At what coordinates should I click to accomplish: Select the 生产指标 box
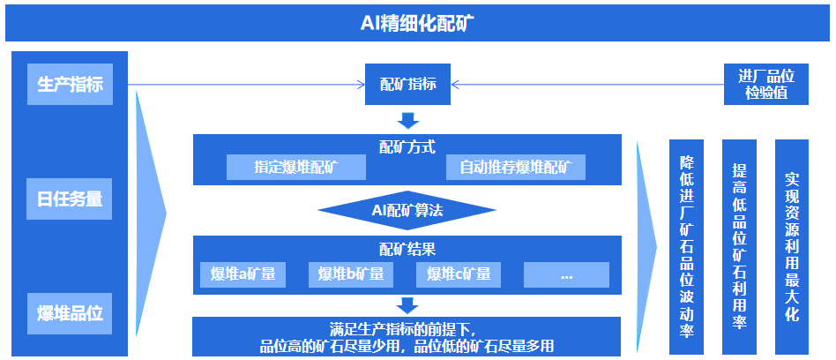pyautogui.click(x=71, y=86)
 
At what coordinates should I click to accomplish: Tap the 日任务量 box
pyautogui.click(x=71, y=199)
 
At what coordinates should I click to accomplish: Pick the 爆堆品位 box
pyautogui.click(x=71, y=313)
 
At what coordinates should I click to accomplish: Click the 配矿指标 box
pyautogui.click(x=407, y=85)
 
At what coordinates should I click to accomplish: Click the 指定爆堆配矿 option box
pyautogui.click(x=295, y=168)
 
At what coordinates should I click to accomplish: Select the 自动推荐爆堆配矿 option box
pyautogui.click(x=515, y=168)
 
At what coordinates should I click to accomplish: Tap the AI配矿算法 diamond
pyautogui.click(x=407, y=210)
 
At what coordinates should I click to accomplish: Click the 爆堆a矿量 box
pyautogui.click(x=243, y=274)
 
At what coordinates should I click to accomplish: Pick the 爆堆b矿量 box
pyautogui.click(x=351, y=274)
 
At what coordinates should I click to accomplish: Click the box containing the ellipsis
pyautogui.click(x=566, y=274)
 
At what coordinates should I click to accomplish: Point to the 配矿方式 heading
pyautogui.click(x=407, y=146)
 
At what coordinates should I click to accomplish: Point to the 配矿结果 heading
pyautogui.click(x=407, y=249)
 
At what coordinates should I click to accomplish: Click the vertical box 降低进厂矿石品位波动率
pyautogui.click(x=687, y=247)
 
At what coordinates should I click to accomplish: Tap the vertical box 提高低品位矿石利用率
pyautogui.click(x=740, y=247)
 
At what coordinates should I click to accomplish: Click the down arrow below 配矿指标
pyautogui.click(x=407, y=120)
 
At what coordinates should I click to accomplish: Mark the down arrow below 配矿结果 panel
pyautogui.click(x=407, y=306)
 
